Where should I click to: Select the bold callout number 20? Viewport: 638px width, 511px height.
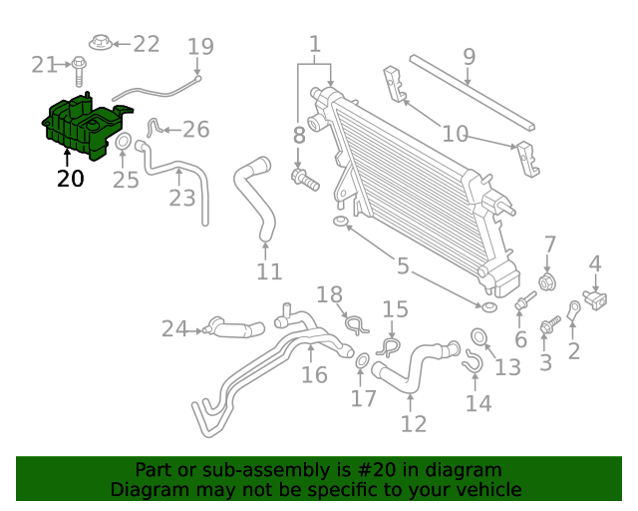point(70,180)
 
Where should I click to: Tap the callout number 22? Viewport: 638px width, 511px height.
point(146,44)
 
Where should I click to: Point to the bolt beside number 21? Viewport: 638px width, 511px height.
point(78,67)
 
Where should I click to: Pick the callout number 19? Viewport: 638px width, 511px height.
point(200,46)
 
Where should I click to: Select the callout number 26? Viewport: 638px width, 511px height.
point(195,130)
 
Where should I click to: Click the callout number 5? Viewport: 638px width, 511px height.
point(402,266)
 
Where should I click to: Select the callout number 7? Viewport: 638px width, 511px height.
point(549,245)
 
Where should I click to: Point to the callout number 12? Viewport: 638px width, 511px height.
point(413,424)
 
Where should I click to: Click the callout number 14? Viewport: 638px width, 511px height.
point(478,403)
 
